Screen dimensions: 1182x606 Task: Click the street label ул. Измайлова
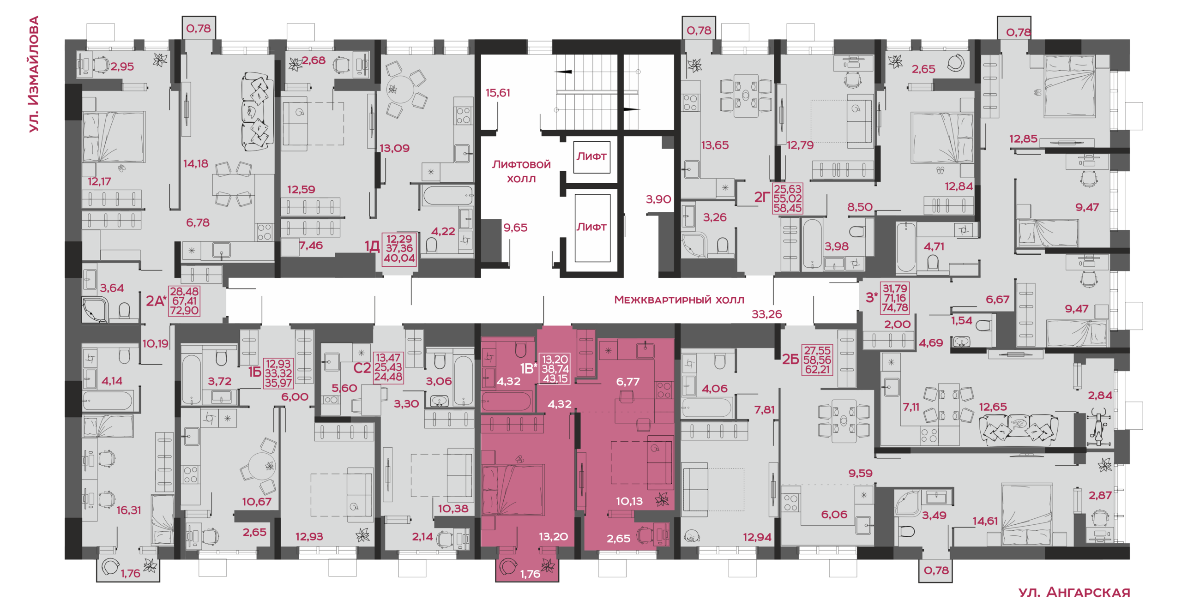click(34, 74)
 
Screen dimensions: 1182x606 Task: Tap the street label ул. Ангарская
click(1074, 592)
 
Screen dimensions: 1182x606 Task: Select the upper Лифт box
click(591, 157)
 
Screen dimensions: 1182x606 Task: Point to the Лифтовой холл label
click(521, 171)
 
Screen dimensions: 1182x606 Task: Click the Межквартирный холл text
click(679, 300)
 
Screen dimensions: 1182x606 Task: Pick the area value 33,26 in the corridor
click(766, 314)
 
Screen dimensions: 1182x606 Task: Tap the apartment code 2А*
click(156, 301)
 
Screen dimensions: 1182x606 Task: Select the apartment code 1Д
click(372, 246)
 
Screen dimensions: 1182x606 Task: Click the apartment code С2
click(362, 368)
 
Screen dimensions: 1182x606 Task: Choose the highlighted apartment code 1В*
click(529, 368)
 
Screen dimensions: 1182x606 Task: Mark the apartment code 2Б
click(790, 359)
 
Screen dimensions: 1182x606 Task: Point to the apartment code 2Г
click(762, 198)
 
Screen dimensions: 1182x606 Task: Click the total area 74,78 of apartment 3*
click(895, 308)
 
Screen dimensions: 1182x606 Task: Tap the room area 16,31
click(128, 510)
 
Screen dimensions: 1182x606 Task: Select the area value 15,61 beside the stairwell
click(498, 93)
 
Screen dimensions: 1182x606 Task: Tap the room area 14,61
click(985, 521)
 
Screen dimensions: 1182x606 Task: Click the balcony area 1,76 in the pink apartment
click(530, 574)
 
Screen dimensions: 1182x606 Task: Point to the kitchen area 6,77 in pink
click(628, 382)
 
